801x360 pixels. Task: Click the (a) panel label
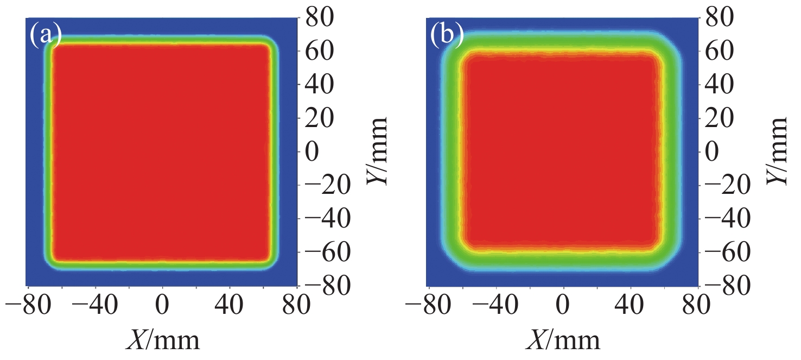(45, 35)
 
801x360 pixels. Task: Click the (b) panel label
(447, 35)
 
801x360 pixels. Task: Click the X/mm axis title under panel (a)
(162, 341)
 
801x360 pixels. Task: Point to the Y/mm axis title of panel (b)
(778, 150)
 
